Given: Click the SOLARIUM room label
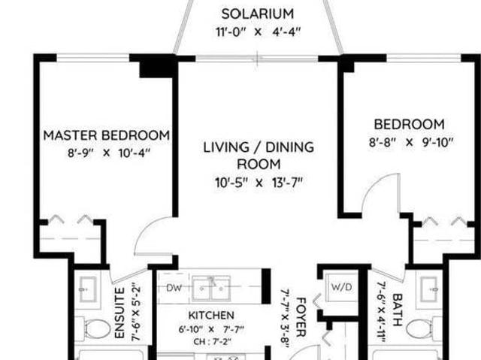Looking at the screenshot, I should point(258,14).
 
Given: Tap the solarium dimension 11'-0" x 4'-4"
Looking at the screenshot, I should point(258,32).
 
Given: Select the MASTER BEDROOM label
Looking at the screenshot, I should point(106,135).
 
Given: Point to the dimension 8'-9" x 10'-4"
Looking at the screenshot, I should point(106,153).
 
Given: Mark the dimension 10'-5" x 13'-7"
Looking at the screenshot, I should point(259,182).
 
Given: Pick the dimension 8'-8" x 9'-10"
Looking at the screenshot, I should point(409,141).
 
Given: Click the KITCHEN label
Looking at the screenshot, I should point(210,315).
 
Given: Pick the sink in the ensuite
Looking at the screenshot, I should point(87,288).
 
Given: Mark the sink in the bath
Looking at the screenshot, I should point(429,288).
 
